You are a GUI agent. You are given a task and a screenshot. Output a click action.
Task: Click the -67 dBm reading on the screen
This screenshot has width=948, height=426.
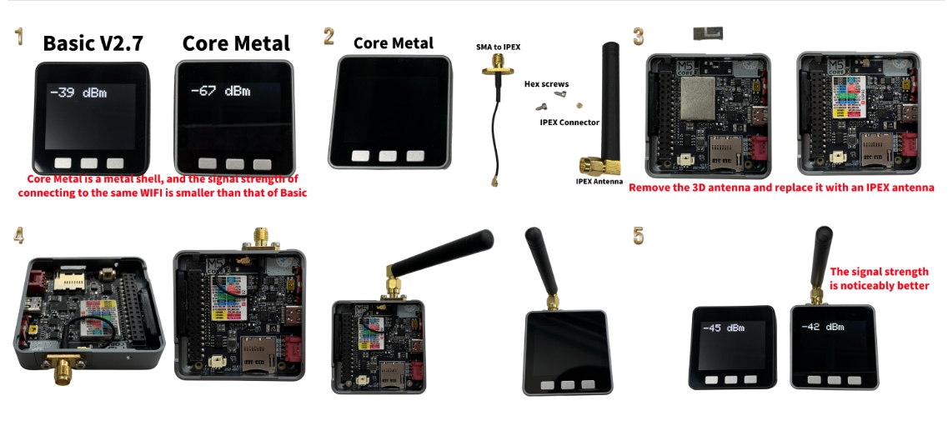220,91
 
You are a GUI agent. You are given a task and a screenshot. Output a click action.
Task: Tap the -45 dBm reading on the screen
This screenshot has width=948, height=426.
723,328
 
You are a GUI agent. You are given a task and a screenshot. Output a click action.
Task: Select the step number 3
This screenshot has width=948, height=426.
639,36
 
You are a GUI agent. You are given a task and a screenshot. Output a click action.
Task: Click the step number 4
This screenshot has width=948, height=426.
18,235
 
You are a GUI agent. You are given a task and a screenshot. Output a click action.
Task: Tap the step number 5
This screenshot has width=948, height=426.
639,235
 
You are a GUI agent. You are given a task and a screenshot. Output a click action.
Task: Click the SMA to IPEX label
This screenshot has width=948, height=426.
499,47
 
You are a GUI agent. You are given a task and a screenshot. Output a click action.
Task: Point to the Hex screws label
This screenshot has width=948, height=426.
547,84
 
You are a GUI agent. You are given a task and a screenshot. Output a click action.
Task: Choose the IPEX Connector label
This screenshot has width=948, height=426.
569,122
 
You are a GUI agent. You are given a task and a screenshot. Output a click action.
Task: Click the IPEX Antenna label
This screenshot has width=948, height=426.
599,180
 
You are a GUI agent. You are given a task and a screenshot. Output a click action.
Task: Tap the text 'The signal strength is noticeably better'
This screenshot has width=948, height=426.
879,278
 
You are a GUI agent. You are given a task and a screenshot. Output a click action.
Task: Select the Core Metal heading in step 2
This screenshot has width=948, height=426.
394,43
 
